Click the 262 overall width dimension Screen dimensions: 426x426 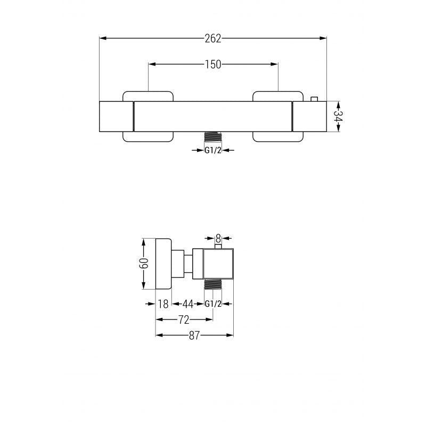click(213, 38)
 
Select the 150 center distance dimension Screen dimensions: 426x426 click(213, 64)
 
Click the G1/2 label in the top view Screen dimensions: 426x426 click(213, 150)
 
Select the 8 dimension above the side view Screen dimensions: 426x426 click(218, 239)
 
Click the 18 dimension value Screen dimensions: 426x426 click(163, 304)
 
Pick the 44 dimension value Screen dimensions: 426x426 click(187, 304)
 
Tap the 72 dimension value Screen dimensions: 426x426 click(183, 319)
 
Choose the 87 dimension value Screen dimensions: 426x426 click(194, 335)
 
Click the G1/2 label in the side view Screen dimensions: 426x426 click(213, 304)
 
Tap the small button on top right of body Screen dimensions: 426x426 click(314, 98)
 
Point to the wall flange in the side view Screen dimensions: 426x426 click(163, 264)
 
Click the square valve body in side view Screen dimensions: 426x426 click(218, 264)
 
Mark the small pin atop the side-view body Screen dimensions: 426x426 click(218, 246)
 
